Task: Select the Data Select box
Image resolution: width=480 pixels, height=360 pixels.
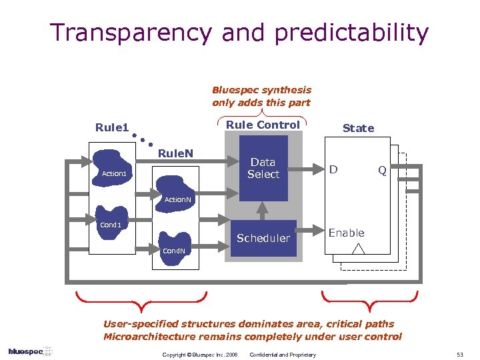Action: (263, 168)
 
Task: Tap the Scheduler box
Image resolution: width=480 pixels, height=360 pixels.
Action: (263, 238)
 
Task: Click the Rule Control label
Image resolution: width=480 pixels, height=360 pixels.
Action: (263, 125)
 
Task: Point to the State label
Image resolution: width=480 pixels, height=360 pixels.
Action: (358, 128)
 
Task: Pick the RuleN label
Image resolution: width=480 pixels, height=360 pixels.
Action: (175, 154)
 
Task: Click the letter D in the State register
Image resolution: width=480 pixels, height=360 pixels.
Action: (333, 170)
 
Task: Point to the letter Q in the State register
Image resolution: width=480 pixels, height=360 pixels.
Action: (382, 171)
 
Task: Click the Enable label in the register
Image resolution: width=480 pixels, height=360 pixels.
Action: (346, 233)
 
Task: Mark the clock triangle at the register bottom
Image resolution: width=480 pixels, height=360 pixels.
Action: (359, 249)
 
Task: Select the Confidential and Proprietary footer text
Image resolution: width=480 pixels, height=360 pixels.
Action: (283, 354)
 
